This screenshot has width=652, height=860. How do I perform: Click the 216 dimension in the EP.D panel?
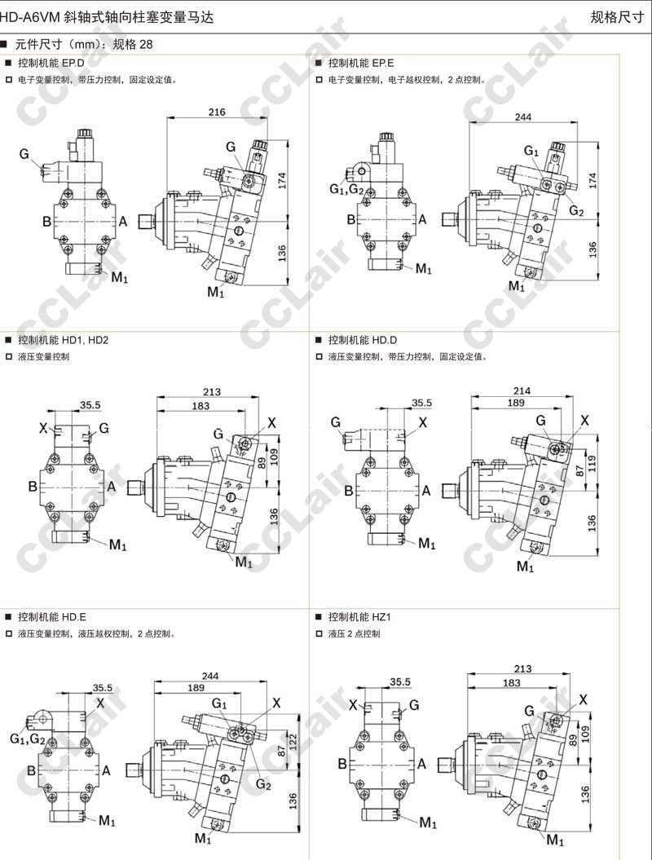point(217,112)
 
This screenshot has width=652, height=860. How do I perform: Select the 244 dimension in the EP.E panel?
point(523,117)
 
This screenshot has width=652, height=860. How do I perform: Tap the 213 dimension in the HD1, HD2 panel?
point(212,392)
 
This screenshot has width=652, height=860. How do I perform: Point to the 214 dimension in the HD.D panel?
point(522,390)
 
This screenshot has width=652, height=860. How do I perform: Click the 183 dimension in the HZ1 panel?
point(512,682)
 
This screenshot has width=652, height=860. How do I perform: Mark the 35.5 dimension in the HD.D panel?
point(421,403)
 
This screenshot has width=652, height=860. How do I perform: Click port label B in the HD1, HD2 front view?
point(33,487)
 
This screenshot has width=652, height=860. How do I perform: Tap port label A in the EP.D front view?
point(123,221)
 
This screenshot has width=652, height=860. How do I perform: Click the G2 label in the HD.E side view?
point(262,783)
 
